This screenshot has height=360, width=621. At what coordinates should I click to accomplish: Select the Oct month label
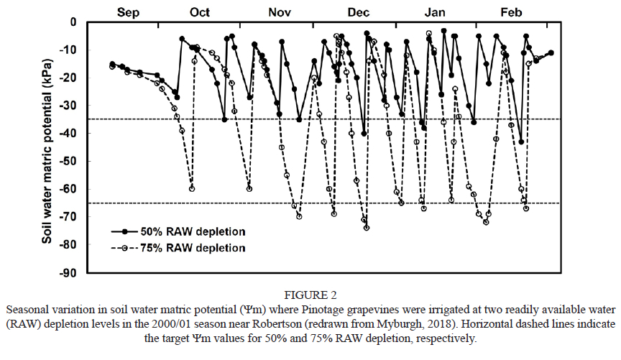point(200,12)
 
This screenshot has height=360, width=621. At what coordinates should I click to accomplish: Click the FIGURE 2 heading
point(310,295)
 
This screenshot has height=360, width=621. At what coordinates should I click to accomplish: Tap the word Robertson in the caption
point(306,321)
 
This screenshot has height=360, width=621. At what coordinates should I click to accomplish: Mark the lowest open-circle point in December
point(367,228)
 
